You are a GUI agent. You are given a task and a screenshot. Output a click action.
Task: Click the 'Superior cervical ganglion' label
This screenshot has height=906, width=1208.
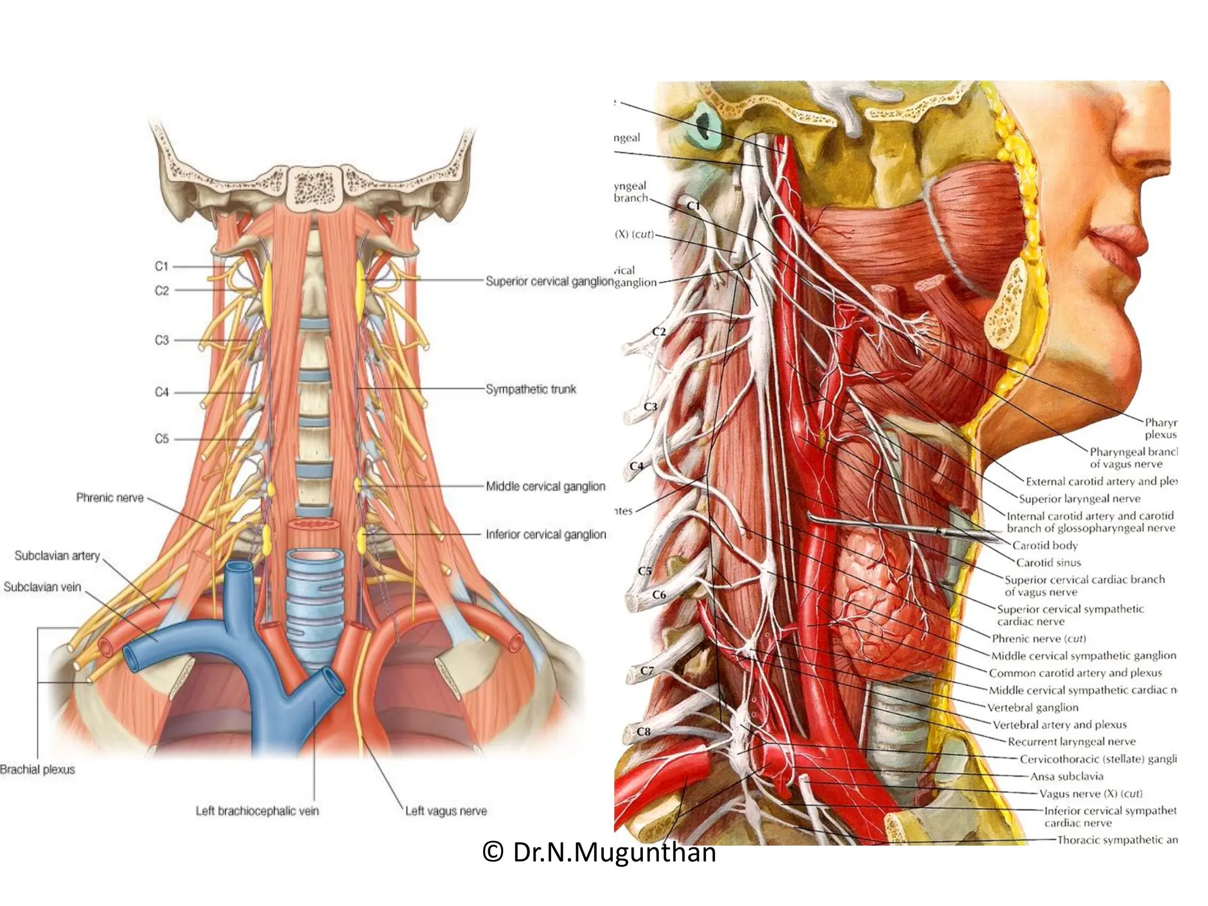(549, 281)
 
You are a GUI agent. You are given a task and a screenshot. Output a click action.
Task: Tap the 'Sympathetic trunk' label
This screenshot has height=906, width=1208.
(530, 389)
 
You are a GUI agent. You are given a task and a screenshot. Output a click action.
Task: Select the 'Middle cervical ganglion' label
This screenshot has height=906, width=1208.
(545, 487)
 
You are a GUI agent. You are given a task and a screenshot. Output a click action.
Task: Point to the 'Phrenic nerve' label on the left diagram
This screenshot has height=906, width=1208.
(110, 498)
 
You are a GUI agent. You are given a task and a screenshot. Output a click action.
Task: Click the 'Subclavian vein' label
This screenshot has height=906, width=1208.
(42, 587)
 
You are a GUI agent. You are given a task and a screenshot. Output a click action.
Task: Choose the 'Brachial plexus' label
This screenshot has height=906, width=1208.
(38, 769)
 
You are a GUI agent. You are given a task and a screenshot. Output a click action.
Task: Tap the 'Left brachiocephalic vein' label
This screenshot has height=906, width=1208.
(257, 811)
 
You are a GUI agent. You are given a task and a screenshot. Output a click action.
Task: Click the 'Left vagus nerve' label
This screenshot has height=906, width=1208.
(446, 811)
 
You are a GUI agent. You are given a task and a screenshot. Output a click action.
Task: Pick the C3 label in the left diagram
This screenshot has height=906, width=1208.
(162, 340)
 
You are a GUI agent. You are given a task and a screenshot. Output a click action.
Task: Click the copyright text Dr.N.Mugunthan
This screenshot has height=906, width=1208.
(599, 852)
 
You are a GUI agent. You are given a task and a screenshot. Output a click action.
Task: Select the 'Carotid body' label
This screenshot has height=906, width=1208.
(1045, 545)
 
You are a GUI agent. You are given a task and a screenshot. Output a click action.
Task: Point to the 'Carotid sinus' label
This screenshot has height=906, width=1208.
(1048, 562)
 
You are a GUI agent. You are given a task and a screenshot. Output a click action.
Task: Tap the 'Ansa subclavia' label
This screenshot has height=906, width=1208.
(1066, 776)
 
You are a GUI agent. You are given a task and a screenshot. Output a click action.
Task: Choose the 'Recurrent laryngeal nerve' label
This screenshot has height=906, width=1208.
(1071, 741)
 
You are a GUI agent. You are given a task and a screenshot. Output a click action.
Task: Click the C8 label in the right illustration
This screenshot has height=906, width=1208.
(644, 731)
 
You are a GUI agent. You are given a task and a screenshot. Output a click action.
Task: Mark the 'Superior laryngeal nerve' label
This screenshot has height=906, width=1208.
(1079, 499)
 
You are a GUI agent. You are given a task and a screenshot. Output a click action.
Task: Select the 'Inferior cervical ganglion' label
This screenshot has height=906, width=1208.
(546, 534)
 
